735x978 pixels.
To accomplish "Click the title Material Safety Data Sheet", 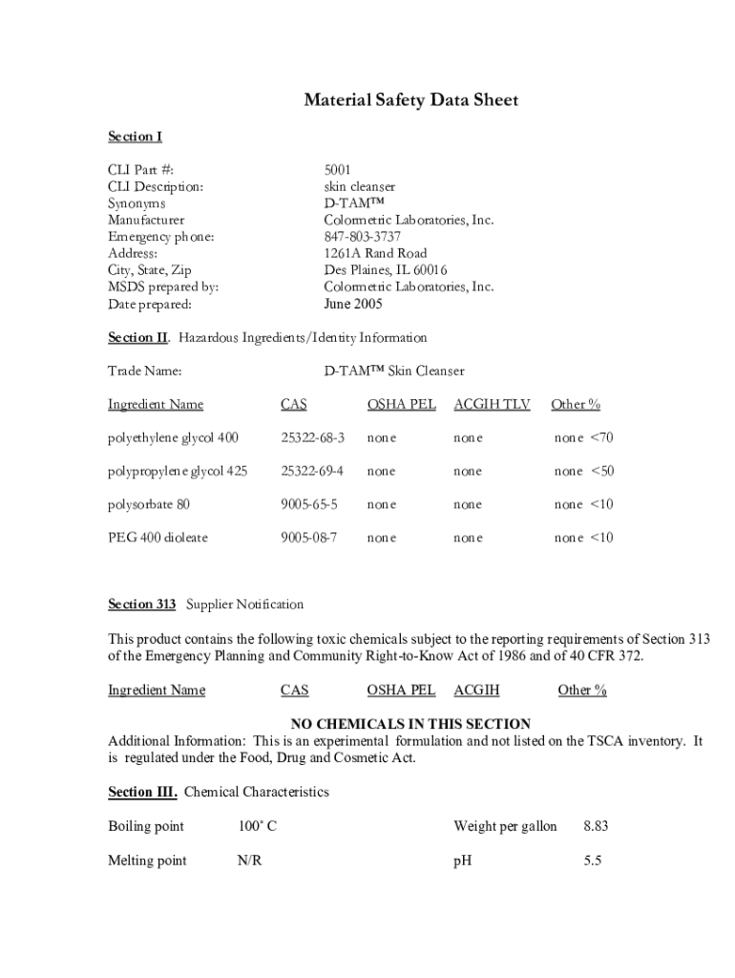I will coord(410,100).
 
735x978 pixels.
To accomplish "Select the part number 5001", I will coord(338,170).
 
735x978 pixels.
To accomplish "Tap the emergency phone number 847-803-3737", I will coord(363,237).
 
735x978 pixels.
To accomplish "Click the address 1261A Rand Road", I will coord(375,253).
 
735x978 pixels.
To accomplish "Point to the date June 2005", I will coord(353,304).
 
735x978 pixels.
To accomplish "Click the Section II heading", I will coord(137,337).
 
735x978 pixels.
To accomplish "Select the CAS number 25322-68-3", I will coord(312,437).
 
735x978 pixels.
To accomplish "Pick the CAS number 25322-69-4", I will coord(312,471).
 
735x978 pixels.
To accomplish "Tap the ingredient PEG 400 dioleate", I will coord(157,538).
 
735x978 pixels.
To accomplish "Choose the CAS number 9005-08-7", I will coord(308,538).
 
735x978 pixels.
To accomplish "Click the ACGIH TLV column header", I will coord(492,404).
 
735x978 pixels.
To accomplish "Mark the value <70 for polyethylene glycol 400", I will coord(602,437).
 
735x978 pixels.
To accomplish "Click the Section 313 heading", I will coord(142,604).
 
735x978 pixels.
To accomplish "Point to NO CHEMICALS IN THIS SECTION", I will coord(410,724).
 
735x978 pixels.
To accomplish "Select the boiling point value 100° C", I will coord(257,826).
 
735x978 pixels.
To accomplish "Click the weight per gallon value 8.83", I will coord(596,826).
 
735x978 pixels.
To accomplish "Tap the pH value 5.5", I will coord(592,861).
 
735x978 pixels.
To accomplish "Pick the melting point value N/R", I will coord(250,861).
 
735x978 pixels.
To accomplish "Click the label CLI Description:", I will coord(156,187).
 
